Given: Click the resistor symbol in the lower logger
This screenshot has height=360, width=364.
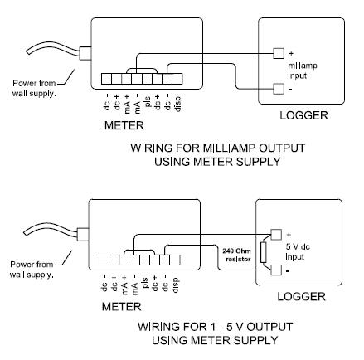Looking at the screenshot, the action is click(x=263, y=252).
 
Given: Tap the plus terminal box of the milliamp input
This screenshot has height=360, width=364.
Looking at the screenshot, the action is click(x=279, y=53).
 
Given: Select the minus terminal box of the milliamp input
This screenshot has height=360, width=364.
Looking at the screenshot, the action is click(x=279, y=89).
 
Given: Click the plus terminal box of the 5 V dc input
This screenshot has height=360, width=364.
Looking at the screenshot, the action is click(x=276, y=235).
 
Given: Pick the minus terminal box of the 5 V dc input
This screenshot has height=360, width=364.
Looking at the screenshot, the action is click(x=276, y=270).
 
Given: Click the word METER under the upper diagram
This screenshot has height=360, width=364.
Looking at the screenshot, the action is click(x=124, y=126).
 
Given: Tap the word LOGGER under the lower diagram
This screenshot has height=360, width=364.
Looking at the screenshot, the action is click(x=301, y=297).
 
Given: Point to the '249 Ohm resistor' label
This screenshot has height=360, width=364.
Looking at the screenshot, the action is click(x=236, y=255).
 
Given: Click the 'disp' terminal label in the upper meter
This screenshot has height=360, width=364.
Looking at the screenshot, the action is click(x=177, y=104).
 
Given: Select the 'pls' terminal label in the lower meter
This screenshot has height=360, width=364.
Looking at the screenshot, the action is click(x=145, y=283).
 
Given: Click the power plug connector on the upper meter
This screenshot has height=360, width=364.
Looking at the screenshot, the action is click(x=85, y=53).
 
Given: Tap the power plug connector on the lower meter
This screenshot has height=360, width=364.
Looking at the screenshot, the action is click(x=83, y=235).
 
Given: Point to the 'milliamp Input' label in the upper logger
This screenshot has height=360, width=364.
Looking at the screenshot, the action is click(x=303, y=71).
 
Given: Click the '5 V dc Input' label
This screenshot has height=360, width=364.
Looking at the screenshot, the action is click(x=298, y=251).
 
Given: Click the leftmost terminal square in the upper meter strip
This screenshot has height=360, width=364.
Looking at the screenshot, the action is click(x=106, y=79).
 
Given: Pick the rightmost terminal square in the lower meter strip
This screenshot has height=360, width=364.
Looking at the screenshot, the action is click(x=175, y=260).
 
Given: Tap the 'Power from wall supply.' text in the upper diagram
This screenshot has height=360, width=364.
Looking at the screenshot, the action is click(x=34, y=88).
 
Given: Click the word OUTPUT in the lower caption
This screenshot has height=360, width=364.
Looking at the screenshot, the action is click(x=269, y=327).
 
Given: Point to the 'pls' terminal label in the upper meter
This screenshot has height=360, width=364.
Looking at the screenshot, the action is click(x=148, y=101).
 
